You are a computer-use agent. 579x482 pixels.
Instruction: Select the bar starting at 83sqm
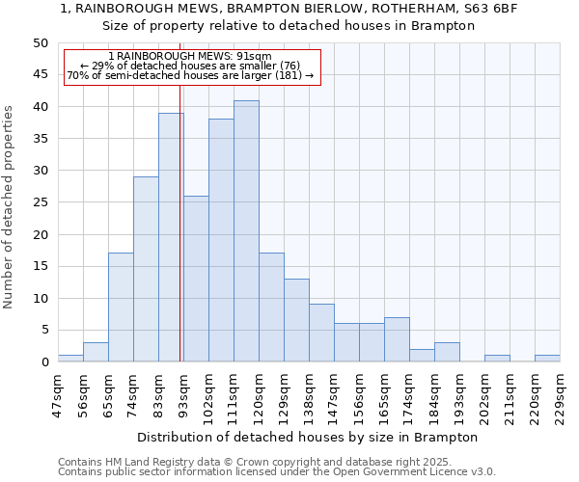[171, 237]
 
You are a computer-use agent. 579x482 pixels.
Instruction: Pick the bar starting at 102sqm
[221, 240]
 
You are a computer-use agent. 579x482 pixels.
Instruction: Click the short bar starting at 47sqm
[70, 359]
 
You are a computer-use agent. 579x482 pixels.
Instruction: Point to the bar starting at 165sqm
[397, 339]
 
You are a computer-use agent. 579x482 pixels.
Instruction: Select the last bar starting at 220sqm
[547, 359]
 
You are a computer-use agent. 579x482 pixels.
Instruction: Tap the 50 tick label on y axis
[40, 43]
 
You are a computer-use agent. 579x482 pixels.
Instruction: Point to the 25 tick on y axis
[40, 202]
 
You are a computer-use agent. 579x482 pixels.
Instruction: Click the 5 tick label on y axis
[43, 331]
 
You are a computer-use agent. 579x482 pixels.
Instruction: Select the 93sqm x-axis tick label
[183, 395]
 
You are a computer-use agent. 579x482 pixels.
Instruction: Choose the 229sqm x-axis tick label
[560, 395]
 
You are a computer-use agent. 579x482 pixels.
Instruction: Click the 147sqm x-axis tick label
[334, 395]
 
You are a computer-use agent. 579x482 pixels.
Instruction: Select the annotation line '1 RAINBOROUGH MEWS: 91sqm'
[190, 57]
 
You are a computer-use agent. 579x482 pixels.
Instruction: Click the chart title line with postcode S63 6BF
[289, 8]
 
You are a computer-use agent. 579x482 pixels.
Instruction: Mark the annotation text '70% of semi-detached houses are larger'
[190, 75]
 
